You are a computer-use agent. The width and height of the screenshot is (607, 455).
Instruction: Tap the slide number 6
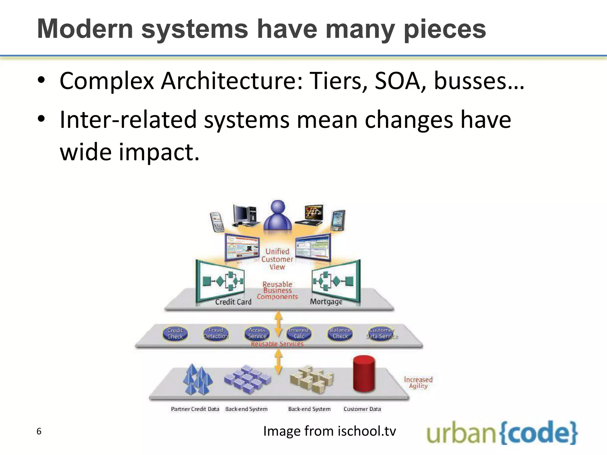click(x=39, y=431)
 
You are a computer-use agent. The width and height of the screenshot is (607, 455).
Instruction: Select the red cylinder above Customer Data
click(x=364, y=374)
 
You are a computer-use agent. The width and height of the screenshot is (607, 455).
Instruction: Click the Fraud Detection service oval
click(x=216, y=333)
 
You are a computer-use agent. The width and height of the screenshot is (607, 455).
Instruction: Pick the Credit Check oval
click(x=175, y=334)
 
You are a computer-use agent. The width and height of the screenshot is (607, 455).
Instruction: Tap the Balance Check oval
click(x=340, y=333)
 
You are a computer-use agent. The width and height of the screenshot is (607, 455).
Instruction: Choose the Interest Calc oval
click(x=299, y=333)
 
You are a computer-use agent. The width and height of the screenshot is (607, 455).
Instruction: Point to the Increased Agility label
click(x=418, y=382)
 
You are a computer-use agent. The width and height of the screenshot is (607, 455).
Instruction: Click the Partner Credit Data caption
click(x=195, y=409)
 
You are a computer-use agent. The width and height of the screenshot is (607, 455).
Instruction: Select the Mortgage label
click(x=326, y=302)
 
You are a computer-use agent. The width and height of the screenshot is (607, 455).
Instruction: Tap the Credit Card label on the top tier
click(x=233, y=302)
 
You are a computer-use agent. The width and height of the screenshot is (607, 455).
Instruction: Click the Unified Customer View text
click(x=277, y=259)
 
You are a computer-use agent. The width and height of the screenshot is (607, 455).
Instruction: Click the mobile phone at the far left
click(x=216, y=221)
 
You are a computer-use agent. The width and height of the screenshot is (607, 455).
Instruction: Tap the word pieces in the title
click(x=445, y=30)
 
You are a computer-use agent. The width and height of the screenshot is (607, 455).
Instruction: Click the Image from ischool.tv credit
click(x=330, y=431)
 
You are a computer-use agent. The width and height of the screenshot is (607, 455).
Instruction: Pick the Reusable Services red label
click(x=277, y=344)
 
